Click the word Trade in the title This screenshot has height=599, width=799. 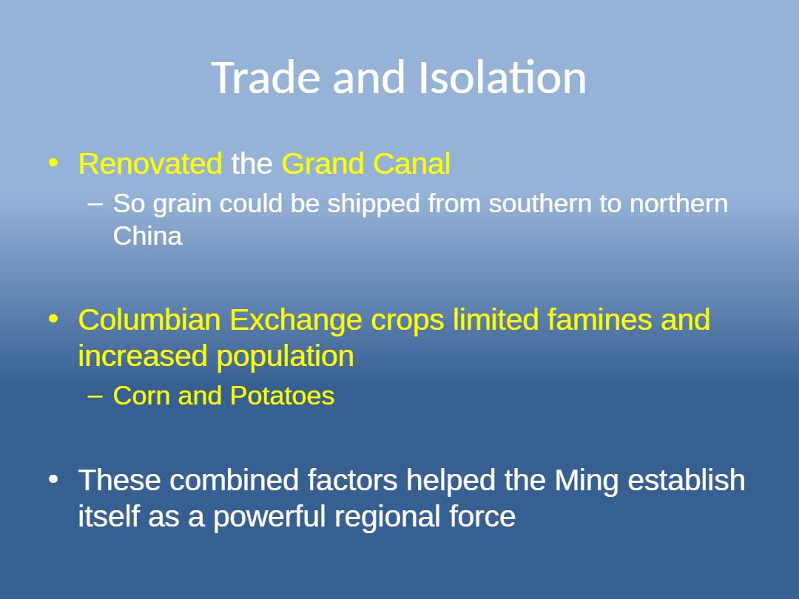click(x=266, y=78)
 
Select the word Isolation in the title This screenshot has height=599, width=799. click(x=502, y=78)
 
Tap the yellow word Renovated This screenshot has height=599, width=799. click(x=150, y=163)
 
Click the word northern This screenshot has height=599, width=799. click(x=678, y=203)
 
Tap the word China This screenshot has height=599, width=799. click(x=147, y=236)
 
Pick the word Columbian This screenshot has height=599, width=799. click(x=149, y=319)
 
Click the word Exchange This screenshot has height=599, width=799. click(x=295, y=321)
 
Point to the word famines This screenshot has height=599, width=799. click(x=600, y=319)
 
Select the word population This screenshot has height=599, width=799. click(x=286, y=357)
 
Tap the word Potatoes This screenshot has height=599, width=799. click(x=283, y=396)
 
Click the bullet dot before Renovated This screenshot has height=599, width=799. click(x=53, y=163)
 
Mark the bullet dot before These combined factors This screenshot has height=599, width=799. click(x=53, y=479)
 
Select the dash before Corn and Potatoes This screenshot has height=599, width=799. click(x=95, y=396)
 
